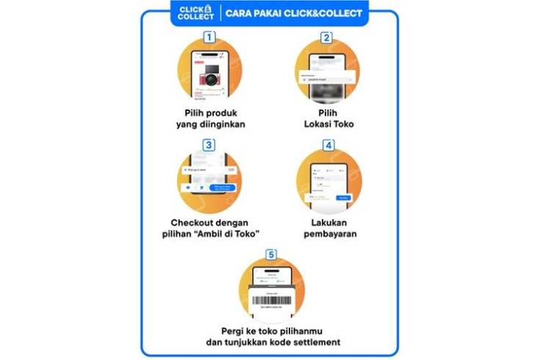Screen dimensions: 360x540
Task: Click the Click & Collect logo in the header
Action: [196, 12]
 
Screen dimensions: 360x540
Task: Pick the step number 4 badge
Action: [328, 145]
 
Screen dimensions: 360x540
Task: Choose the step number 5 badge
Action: [271, 255]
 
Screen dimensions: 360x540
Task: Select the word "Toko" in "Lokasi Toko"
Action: [342, 124]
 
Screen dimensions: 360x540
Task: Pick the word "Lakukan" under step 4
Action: [328, 222]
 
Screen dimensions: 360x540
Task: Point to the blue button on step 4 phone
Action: [343, 198]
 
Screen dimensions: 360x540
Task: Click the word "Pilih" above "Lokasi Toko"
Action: [328, 112]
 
